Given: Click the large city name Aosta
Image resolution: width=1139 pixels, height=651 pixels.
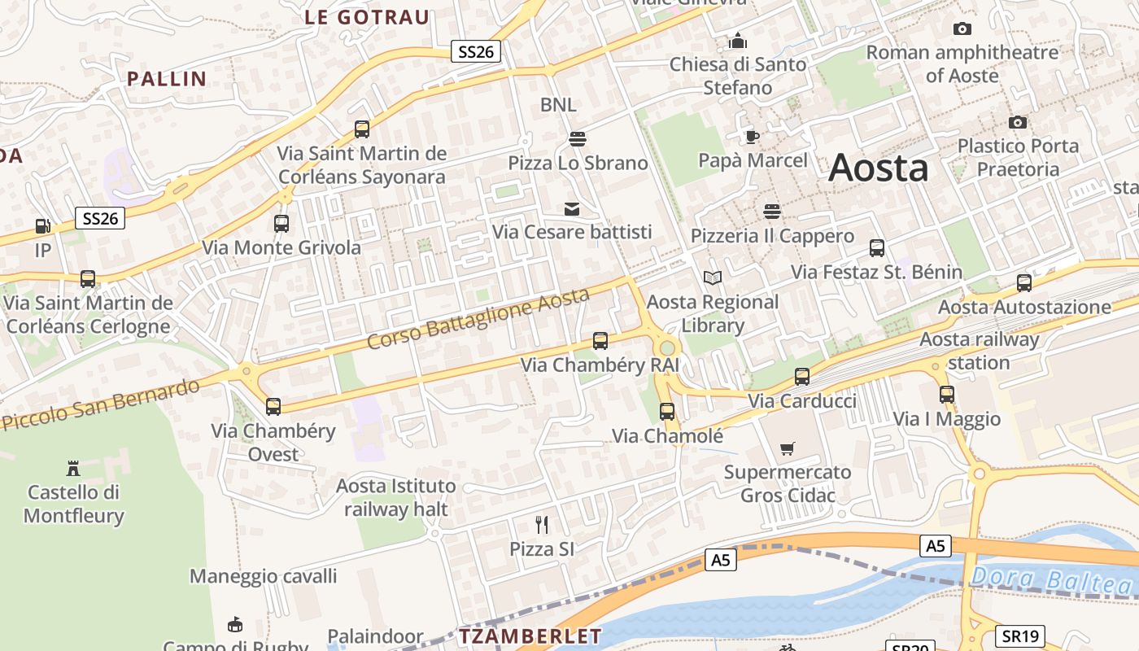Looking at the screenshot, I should coord(878,168).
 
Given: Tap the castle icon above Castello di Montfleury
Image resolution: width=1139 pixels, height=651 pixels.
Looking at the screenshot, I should coord(73,468).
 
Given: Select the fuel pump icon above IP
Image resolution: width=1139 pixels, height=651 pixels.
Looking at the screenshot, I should coord(42,226).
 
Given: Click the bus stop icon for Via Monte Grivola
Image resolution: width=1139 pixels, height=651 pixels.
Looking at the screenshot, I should coord(281,223).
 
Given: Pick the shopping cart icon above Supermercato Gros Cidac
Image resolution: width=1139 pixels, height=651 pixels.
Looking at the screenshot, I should coord(787,448).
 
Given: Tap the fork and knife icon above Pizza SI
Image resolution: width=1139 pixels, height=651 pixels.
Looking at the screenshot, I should coord(542,524).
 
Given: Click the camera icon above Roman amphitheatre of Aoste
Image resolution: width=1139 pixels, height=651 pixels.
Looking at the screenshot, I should coord(962,29).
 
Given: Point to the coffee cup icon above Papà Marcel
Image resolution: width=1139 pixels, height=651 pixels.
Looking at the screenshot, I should coord(753,136).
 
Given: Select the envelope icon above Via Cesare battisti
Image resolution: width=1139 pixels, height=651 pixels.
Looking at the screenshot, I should coord(572,209).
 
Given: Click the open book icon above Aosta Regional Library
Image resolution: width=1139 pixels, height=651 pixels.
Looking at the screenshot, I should coord(713,278).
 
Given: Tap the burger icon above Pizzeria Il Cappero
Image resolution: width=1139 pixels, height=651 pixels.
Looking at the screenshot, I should coord(772,212).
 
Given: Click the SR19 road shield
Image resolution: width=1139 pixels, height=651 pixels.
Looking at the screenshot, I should coord(1020,636).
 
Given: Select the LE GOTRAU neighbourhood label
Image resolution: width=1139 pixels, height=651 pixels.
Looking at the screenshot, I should coord(367,17).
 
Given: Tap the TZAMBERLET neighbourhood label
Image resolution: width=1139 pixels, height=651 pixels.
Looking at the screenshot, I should coord(530,636).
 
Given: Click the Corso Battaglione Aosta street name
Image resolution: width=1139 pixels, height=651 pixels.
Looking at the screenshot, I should coord(478,318).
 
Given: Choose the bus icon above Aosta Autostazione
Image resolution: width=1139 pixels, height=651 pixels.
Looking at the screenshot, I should coord(1024,283).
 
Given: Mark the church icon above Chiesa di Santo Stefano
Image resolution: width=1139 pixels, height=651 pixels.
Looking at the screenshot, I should coord(738,40).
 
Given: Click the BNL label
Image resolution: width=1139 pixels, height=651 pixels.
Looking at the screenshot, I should coord(558,104).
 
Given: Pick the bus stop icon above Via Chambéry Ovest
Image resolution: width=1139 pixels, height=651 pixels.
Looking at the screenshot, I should coord(273,406).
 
